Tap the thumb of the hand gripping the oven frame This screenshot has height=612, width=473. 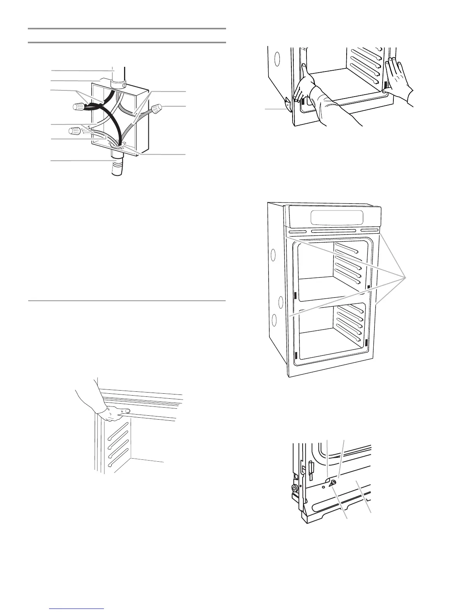click(x=305, y=71)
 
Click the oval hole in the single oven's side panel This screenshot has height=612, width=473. click(x=277, y=59)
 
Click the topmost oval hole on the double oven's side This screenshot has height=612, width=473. click(x=274, y=255)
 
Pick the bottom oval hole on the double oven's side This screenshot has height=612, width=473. click(x=275, y=320)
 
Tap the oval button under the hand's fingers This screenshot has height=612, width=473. click(x=127, y=411)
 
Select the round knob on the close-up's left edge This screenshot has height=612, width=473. click(x=296, y=489)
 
